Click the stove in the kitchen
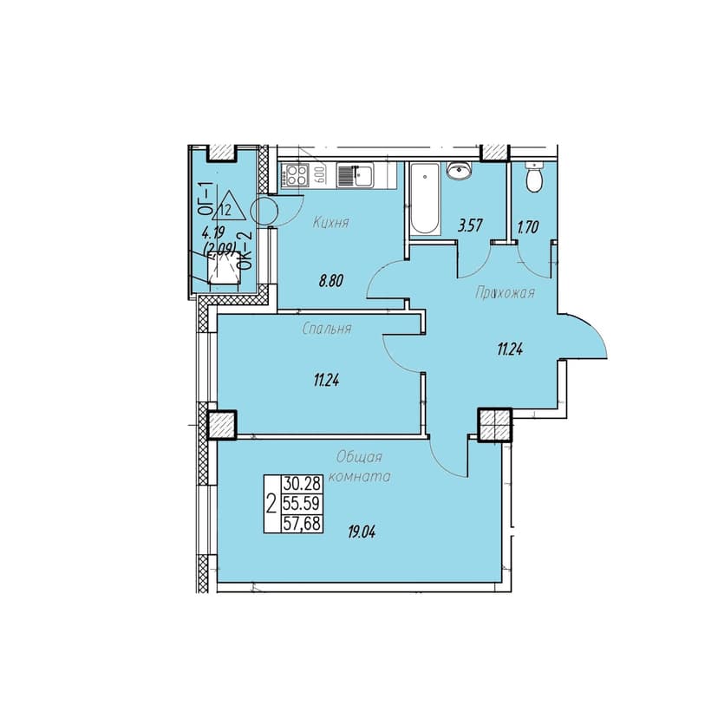(296, 175)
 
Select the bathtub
(425, 199)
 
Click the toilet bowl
(534, 177)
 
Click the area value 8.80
(331, 281)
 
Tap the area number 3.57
(470, 225)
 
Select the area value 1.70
(527, 227)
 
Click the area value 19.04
(362, 532)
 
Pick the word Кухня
(331, 223)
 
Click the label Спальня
(327, 329)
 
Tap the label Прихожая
(505, 292)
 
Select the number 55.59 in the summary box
(302, 503)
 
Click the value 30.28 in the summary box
(302, 483)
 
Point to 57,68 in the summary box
(302, 523)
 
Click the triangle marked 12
(229, 206)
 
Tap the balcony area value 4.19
(213, 232)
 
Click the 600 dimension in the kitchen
(320, 175)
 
